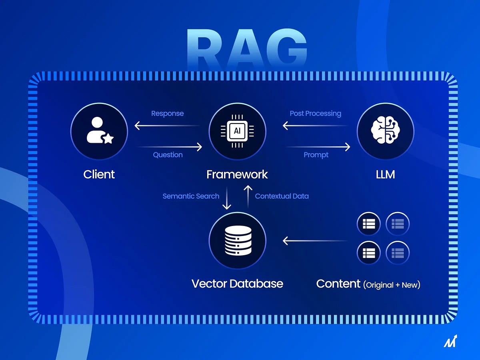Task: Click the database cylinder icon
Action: (x=237, y=240)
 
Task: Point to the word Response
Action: (x=167, y=114)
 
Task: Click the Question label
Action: (x=168, y=155)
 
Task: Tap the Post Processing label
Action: (x=315, y=114)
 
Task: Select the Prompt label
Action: (x=316, y=155)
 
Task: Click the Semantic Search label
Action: (x=191, y=196)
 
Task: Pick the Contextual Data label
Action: (x=282, y=196)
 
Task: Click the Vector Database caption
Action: (x=237, y=284)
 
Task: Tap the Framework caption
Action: (x=237, y=174)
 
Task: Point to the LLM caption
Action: (x=385, y=174)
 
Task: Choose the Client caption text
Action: (x=99, y=174)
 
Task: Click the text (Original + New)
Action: (x=392, y=285)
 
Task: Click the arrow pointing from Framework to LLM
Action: (x=318, y=147)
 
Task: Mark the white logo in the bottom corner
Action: (x=450, y=341)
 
